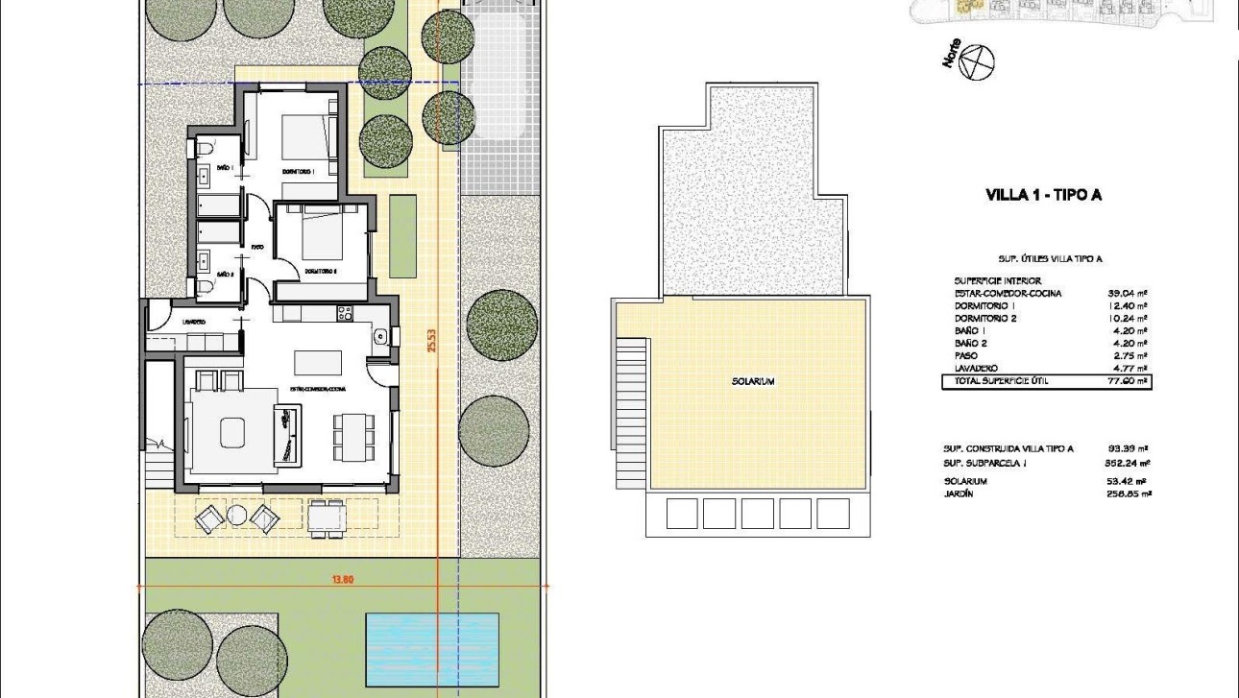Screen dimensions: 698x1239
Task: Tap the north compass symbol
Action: click(979, 62)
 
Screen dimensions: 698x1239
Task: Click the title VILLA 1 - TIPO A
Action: click(1043, 195)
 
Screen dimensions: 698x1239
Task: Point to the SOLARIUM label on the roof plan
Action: click(752, 381)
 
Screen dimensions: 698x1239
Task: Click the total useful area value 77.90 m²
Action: click(1128, 381)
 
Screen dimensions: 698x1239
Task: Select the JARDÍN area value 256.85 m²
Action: click(1128, 493)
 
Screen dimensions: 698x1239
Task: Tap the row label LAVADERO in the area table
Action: click(976, 368)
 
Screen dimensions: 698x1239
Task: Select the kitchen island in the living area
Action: click(318, 362)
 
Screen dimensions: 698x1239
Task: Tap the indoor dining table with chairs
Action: click(352, 437)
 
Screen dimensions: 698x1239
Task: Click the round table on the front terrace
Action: click(237, 517)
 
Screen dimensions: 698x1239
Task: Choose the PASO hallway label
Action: click(256, 248)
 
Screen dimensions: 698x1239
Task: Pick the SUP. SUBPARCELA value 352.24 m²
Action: click(1128, 462)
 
